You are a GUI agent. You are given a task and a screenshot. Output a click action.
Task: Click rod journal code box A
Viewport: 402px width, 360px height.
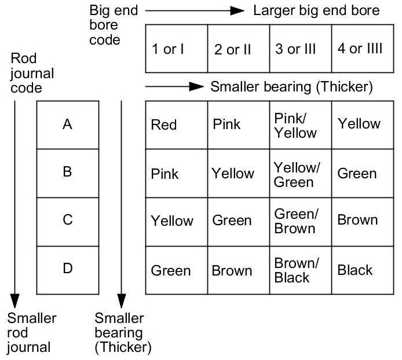tap(68, 124)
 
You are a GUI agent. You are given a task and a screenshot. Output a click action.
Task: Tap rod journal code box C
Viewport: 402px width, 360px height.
tap(68, 221)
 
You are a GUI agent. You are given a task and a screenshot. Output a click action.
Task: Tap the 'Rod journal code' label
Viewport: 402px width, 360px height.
tap(32, 74)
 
